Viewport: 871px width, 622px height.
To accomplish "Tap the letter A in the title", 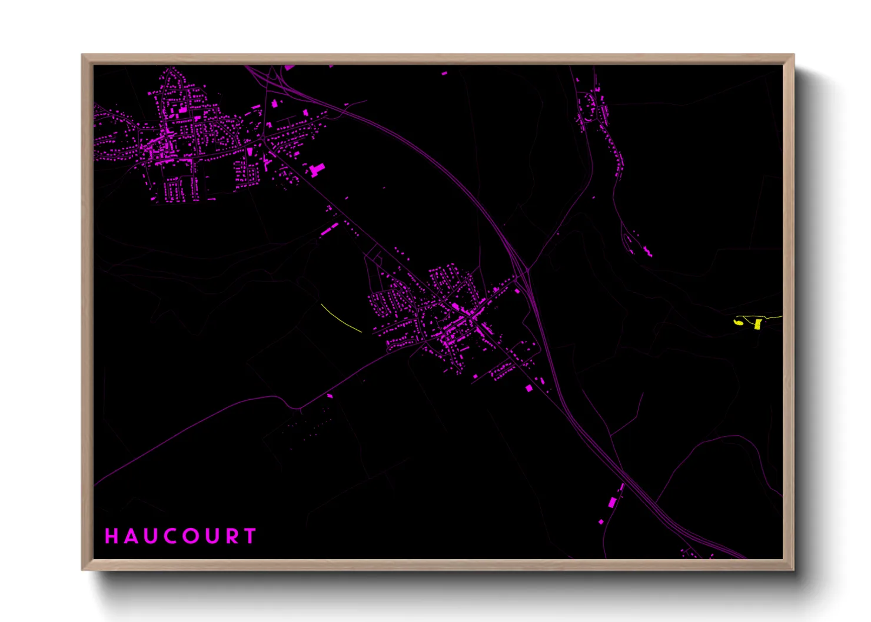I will [x=130, y=536].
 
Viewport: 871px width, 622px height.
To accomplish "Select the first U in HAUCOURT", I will [x=150, y=536].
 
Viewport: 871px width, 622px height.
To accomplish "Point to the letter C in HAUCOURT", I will [x=171, y=536].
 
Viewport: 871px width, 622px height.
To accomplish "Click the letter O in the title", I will [x=192, y=536].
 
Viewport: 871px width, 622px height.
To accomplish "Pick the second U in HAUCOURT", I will [x=213, y=536].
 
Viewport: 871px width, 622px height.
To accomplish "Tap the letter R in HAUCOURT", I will [x=233, y=536].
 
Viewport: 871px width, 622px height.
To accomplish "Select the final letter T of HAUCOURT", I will [x=251, y=536].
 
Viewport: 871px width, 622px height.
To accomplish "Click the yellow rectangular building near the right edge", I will [x=758, y=324].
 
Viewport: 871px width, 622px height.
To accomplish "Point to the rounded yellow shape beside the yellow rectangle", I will [x=738, y=322].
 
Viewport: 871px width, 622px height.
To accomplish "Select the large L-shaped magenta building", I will [x=316, y=170].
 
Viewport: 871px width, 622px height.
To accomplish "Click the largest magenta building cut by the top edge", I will [x=290, y=68].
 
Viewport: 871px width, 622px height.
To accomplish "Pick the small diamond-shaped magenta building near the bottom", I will [x=601, y=521].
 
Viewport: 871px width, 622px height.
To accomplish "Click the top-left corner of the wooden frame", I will [x=82, y=55].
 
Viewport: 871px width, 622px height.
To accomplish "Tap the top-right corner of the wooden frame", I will [x=794, y=55].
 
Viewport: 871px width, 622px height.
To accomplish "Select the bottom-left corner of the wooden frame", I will [x=82, y=570].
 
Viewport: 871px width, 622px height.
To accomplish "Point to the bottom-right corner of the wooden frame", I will [x=794, y=570].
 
